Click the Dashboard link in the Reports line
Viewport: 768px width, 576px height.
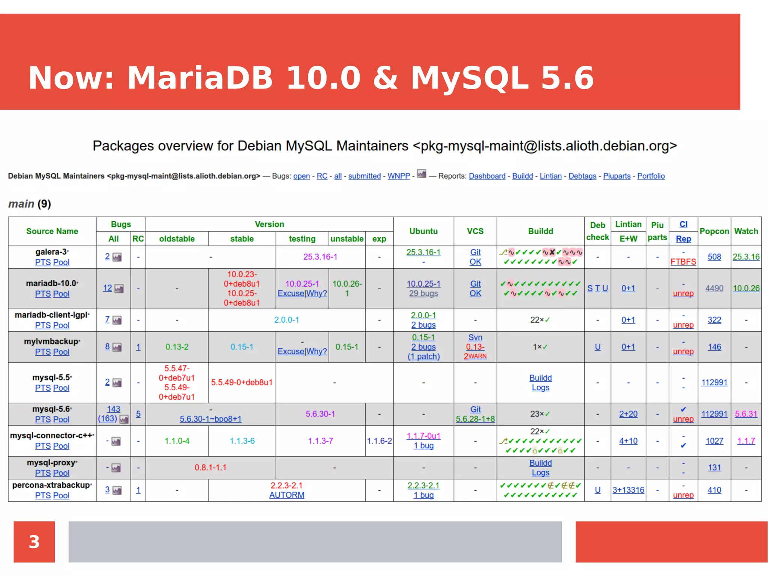tap(487, 176)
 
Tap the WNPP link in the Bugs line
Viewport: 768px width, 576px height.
tap(398, 176)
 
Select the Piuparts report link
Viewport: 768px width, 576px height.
tap(616, 176)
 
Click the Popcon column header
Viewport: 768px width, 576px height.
tap(714, 231)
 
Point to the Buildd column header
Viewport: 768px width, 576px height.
tap(540, 231)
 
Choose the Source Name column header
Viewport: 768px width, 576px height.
tap(52, 231)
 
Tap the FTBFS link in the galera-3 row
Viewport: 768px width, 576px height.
tap(683, 262)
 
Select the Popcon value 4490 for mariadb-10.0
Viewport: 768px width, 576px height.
tap(714, 288)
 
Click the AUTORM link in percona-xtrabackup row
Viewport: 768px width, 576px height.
tap(286, 495)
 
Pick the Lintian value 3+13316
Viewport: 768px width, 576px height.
tap(628, 490)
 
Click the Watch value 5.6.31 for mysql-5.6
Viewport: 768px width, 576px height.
tap(746, 414)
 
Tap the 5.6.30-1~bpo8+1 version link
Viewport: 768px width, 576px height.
tap(210, 419)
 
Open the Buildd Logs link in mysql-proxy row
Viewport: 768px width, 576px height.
tap(540, 468)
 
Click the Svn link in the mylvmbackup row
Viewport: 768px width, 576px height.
tap(475, 337)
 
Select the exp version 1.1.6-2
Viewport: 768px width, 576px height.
tap(379, 441)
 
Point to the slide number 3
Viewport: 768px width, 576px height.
tap(34, 541)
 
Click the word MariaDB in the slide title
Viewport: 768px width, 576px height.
tap(200, 78)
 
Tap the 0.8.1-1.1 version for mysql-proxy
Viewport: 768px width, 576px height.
tap(210, 468)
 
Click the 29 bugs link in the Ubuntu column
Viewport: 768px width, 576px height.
tap(423, 293)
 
